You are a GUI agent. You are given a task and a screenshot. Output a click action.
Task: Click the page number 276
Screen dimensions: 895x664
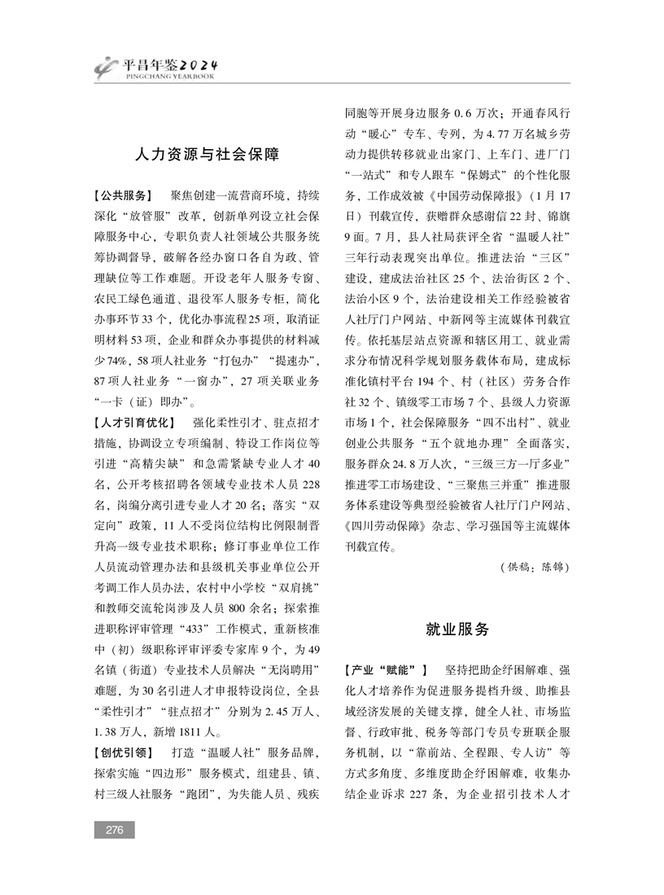(113, 830)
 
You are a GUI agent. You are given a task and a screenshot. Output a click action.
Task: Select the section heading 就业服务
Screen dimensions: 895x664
(458, 630)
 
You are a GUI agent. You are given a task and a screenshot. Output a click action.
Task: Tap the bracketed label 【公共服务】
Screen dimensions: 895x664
(123, 196)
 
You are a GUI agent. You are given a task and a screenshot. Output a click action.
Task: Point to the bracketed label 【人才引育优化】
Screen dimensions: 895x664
(134, 423)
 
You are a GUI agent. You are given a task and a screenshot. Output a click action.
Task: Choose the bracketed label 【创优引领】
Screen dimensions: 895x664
(123, 752)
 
